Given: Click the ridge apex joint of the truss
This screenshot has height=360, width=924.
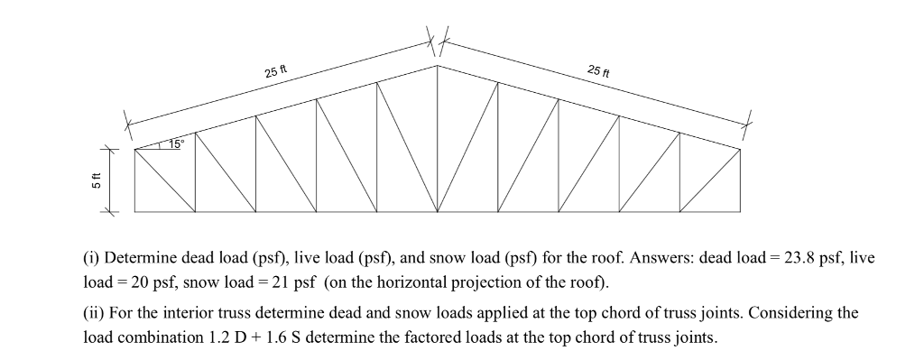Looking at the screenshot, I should point(438,65).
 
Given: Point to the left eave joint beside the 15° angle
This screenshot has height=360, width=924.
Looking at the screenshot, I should point(135,149).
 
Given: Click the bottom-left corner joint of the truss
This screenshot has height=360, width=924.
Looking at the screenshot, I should point(135,212).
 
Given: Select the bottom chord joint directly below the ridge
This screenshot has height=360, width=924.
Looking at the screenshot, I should point(438,212).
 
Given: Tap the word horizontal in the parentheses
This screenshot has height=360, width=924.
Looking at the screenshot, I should point(396,281).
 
